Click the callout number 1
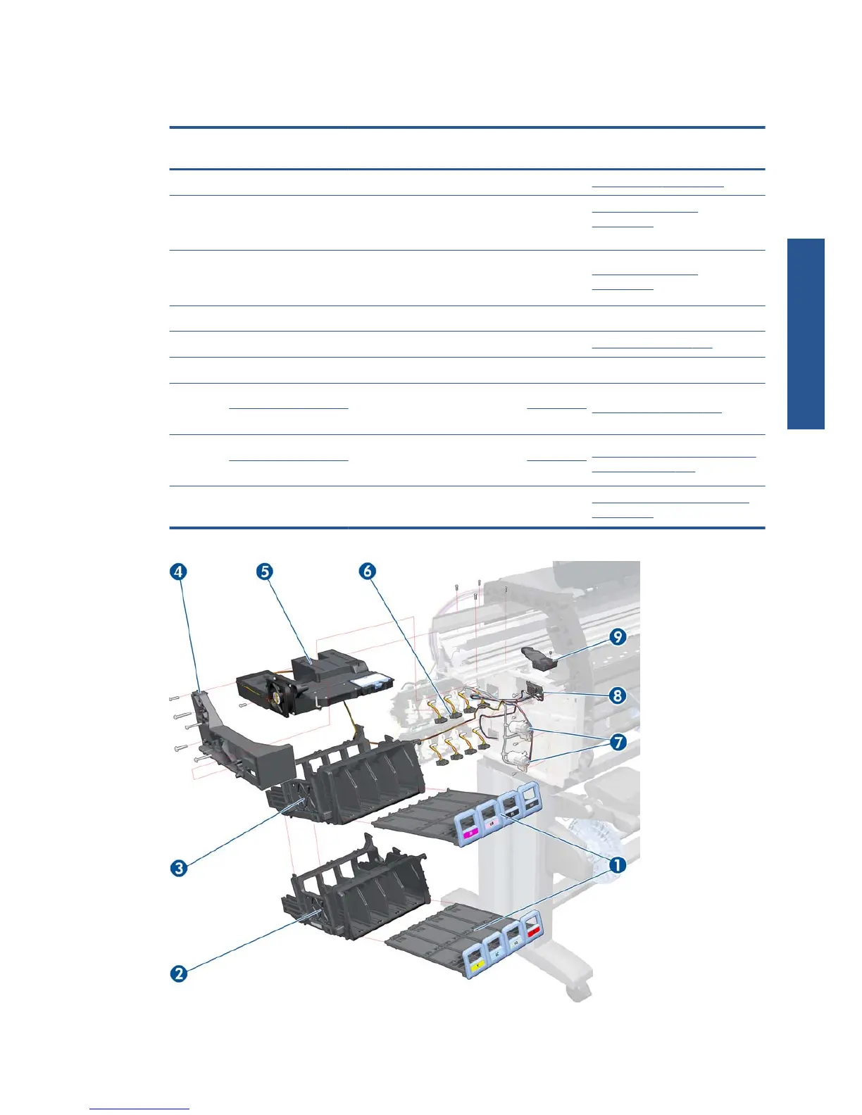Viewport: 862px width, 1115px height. click(617, 865)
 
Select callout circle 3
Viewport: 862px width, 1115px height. click(179, 867)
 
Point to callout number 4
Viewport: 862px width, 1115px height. click(178, 572)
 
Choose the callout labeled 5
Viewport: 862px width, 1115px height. click(264, 572)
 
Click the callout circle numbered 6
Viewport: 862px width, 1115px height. click(368, 572)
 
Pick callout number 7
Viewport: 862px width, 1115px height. click(618, 742)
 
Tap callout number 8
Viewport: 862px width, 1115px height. click(618, 695)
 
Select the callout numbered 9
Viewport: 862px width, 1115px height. click(618, 637)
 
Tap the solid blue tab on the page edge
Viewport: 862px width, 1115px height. click(806, 334)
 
